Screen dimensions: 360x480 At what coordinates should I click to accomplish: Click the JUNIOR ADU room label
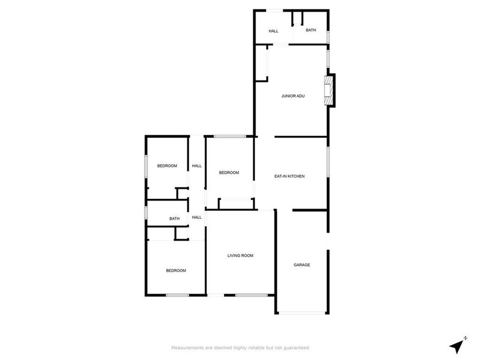(293, 96)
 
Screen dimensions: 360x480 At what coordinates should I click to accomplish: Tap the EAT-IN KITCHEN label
(290, 177)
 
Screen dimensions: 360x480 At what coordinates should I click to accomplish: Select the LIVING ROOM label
(240, 255)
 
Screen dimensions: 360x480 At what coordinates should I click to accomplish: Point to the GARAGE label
(302, 265)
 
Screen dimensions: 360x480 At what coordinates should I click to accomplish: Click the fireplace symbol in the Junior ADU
(328, 91)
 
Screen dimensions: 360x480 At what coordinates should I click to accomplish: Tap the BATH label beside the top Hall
(310, 30)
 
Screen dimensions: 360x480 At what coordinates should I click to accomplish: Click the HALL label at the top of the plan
(274, 31)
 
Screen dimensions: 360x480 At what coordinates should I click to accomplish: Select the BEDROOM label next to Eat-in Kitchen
(229, 173)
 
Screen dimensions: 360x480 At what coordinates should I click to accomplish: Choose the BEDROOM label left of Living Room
(176, 270)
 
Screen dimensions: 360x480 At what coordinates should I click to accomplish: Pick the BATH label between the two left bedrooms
(174, 218)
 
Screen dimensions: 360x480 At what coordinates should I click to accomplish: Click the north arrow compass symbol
(456, 346)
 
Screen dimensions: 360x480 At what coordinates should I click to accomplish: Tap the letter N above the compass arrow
(466, 338)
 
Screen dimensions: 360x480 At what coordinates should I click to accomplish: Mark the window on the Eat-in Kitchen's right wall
(327, 162)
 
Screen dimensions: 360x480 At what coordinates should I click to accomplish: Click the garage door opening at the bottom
(302, 313)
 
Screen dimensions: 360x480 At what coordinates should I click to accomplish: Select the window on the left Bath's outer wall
(146, 213)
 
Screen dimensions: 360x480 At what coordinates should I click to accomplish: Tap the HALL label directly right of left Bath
(197, 217)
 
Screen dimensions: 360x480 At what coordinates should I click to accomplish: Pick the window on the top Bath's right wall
(328, 36)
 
